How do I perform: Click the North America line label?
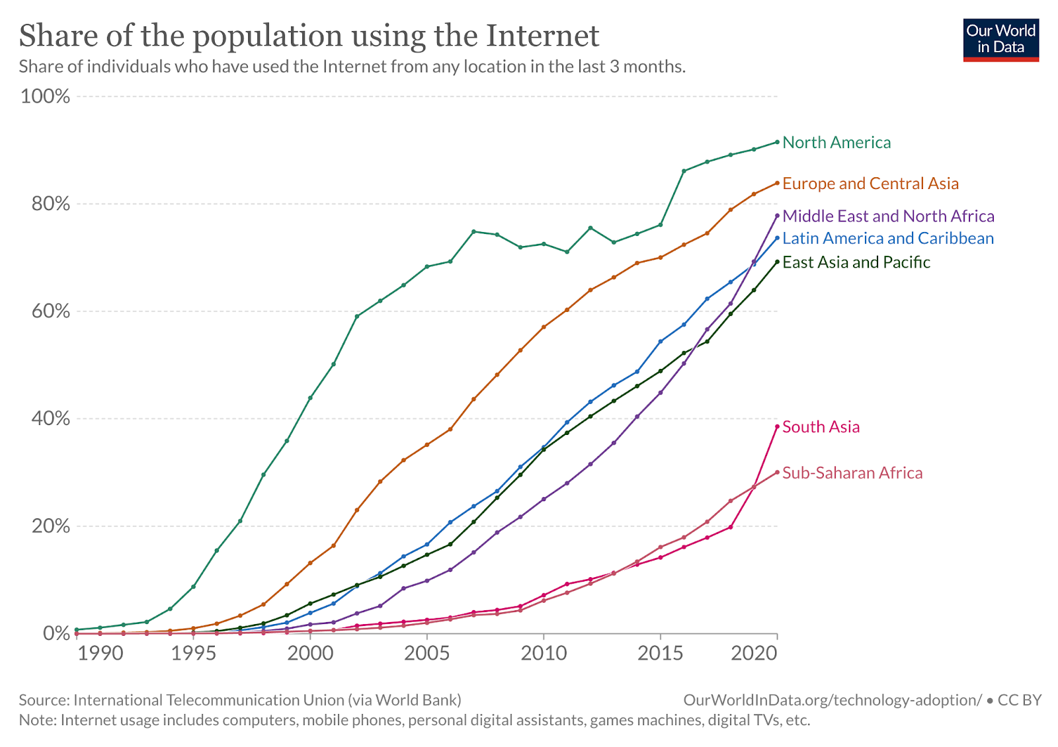[x=836, y=143]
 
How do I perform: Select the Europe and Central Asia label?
[x=870, y=184]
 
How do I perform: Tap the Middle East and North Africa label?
[x=888, y=216]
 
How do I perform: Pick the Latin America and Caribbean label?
[x=888, y=239]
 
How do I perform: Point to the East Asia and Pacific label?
[x=856, y=262]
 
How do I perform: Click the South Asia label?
[x=821, y=427]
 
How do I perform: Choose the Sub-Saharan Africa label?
[x=852, y=473]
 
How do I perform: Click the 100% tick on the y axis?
[x=45, y=97]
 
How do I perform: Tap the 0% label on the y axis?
[x=56, y=634]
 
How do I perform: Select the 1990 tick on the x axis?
[x=101, y=654]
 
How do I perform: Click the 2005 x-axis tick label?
[x=427, y=654]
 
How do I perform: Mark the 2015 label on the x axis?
[x=660, y=654]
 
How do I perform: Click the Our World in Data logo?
[x=1001, y=40]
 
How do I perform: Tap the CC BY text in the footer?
[x=1020, y=700]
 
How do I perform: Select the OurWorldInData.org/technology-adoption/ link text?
[x=833, y=700]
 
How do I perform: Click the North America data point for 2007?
[x=473, y=231]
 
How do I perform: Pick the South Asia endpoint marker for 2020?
[x=777, y=427]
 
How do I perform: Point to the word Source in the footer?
[x=43, y=700]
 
